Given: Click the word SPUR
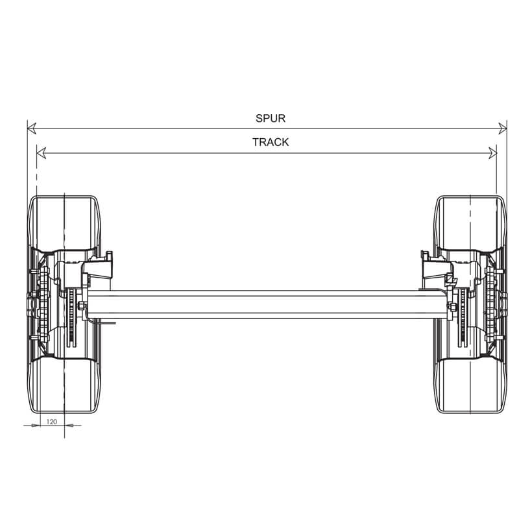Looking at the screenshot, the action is coord(271,118).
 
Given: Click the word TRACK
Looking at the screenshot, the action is coord(271,142).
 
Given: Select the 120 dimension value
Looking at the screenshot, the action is coord(52,422).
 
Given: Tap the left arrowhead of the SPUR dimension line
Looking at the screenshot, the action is coord(32,128).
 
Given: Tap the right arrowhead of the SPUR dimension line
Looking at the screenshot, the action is coord(502,128).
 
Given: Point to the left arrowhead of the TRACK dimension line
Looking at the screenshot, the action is coord(41,153).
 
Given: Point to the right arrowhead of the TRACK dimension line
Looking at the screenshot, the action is coord(493,153).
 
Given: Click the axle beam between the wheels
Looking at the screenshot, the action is coord(267,304).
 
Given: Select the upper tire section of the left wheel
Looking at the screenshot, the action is coord(64,223).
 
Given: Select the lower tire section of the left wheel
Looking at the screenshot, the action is coord(64,385).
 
